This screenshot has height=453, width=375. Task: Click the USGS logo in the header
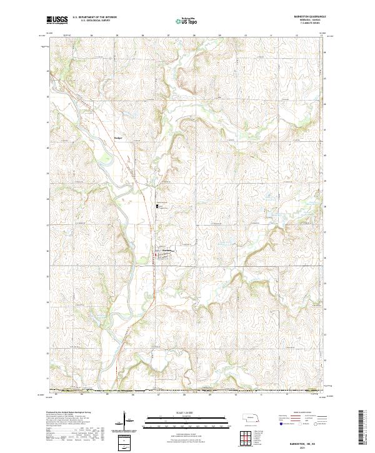click(x=57, y=20)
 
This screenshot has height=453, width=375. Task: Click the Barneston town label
click(x=166, y=252)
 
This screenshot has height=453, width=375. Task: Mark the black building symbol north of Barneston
click(x=157, y=206)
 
